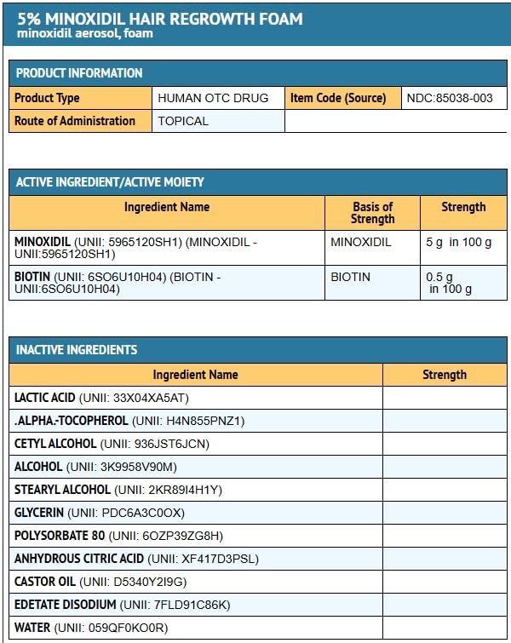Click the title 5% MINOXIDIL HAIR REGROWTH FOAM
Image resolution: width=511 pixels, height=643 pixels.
[x=160, y=18]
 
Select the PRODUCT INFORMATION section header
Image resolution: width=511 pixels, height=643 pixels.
[x=79, y=73]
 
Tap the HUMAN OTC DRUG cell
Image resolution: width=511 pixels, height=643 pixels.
[x=213, y=98]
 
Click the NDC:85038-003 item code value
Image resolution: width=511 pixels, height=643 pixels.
[x=450, y=98]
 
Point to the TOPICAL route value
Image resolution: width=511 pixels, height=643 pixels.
[x=183, y=121]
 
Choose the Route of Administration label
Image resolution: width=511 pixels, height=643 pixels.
[x=75, y=121]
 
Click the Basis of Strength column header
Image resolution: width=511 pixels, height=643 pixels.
[x=372, y=213]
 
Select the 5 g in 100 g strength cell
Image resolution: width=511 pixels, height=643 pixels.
[x=459, y=242]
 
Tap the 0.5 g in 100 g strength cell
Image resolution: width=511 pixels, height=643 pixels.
[x=451, y=283]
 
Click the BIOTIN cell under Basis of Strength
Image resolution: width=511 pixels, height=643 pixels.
[x=351, y=277]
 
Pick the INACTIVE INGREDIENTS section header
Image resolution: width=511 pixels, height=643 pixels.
[x=77, y=350]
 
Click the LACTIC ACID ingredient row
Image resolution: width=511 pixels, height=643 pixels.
[x=101, y=398]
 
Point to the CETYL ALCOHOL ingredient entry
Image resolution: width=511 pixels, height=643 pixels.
[x=112, y=444]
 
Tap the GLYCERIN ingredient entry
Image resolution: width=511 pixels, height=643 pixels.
[x=100, y=513]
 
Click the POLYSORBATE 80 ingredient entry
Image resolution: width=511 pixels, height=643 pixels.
[x=118, y=536]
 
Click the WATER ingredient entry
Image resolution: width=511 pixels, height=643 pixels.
[x=91, y=628]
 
